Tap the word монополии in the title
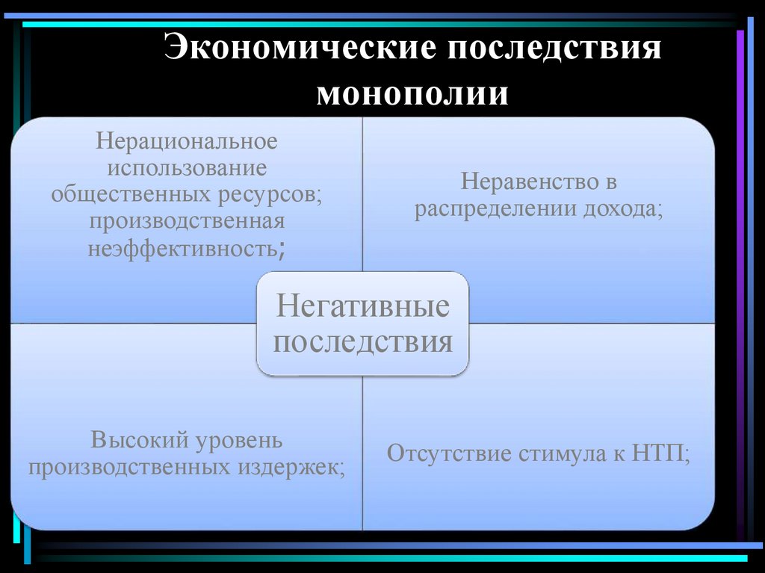(413, 95)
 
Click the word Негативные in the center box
(363, 308)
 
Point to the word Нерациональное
(186, 140)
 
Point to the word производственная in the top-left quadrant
(186, 221)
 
